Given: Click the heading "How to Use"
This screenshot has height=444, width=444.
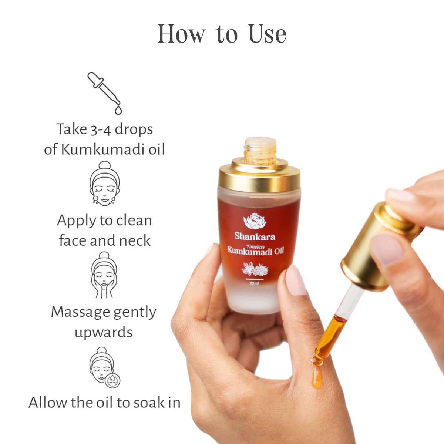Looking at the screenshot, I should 222,34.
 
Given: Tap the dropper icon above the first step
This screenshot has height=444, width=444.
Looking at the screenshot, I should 105,92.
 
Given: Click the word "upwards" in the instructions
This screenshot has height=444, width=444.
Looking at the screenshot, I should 104,332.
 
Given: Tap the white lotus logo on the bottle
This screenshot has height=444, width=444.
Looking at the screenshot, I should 255,221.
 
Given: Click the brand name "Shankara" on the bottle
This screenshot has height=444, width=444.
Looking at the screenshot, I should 255,236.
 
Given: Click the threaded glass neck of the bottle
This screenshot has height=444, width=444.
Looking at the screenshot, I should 260,150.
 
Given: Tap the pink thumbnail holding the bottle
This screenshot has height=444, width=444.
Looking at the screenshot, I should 295,280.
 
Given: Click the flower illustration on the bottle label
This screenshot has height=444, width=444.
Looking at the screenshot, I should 255,269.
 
